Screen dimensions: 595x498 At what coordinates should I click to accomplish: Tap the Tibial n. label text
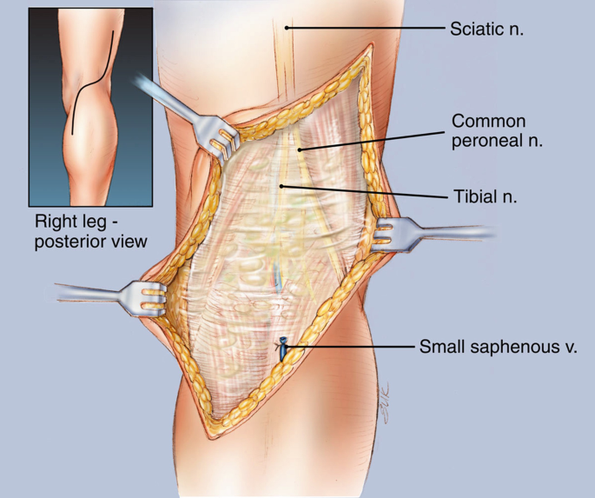(484, 196)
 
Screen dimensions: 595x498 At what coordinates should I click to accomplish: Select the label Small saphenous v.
(498, 347)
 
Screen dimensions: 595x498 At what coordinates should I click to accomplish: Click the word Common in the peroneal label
(488, 121)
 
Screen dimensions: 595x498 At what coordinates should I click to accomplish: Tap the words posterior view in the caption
(91, 241)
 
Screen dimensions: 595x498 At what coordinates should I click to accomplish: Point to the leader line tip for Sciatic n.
(288, 28)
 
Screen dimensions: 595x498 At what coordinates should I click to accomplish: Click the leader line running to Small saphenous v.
(347, 347)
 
